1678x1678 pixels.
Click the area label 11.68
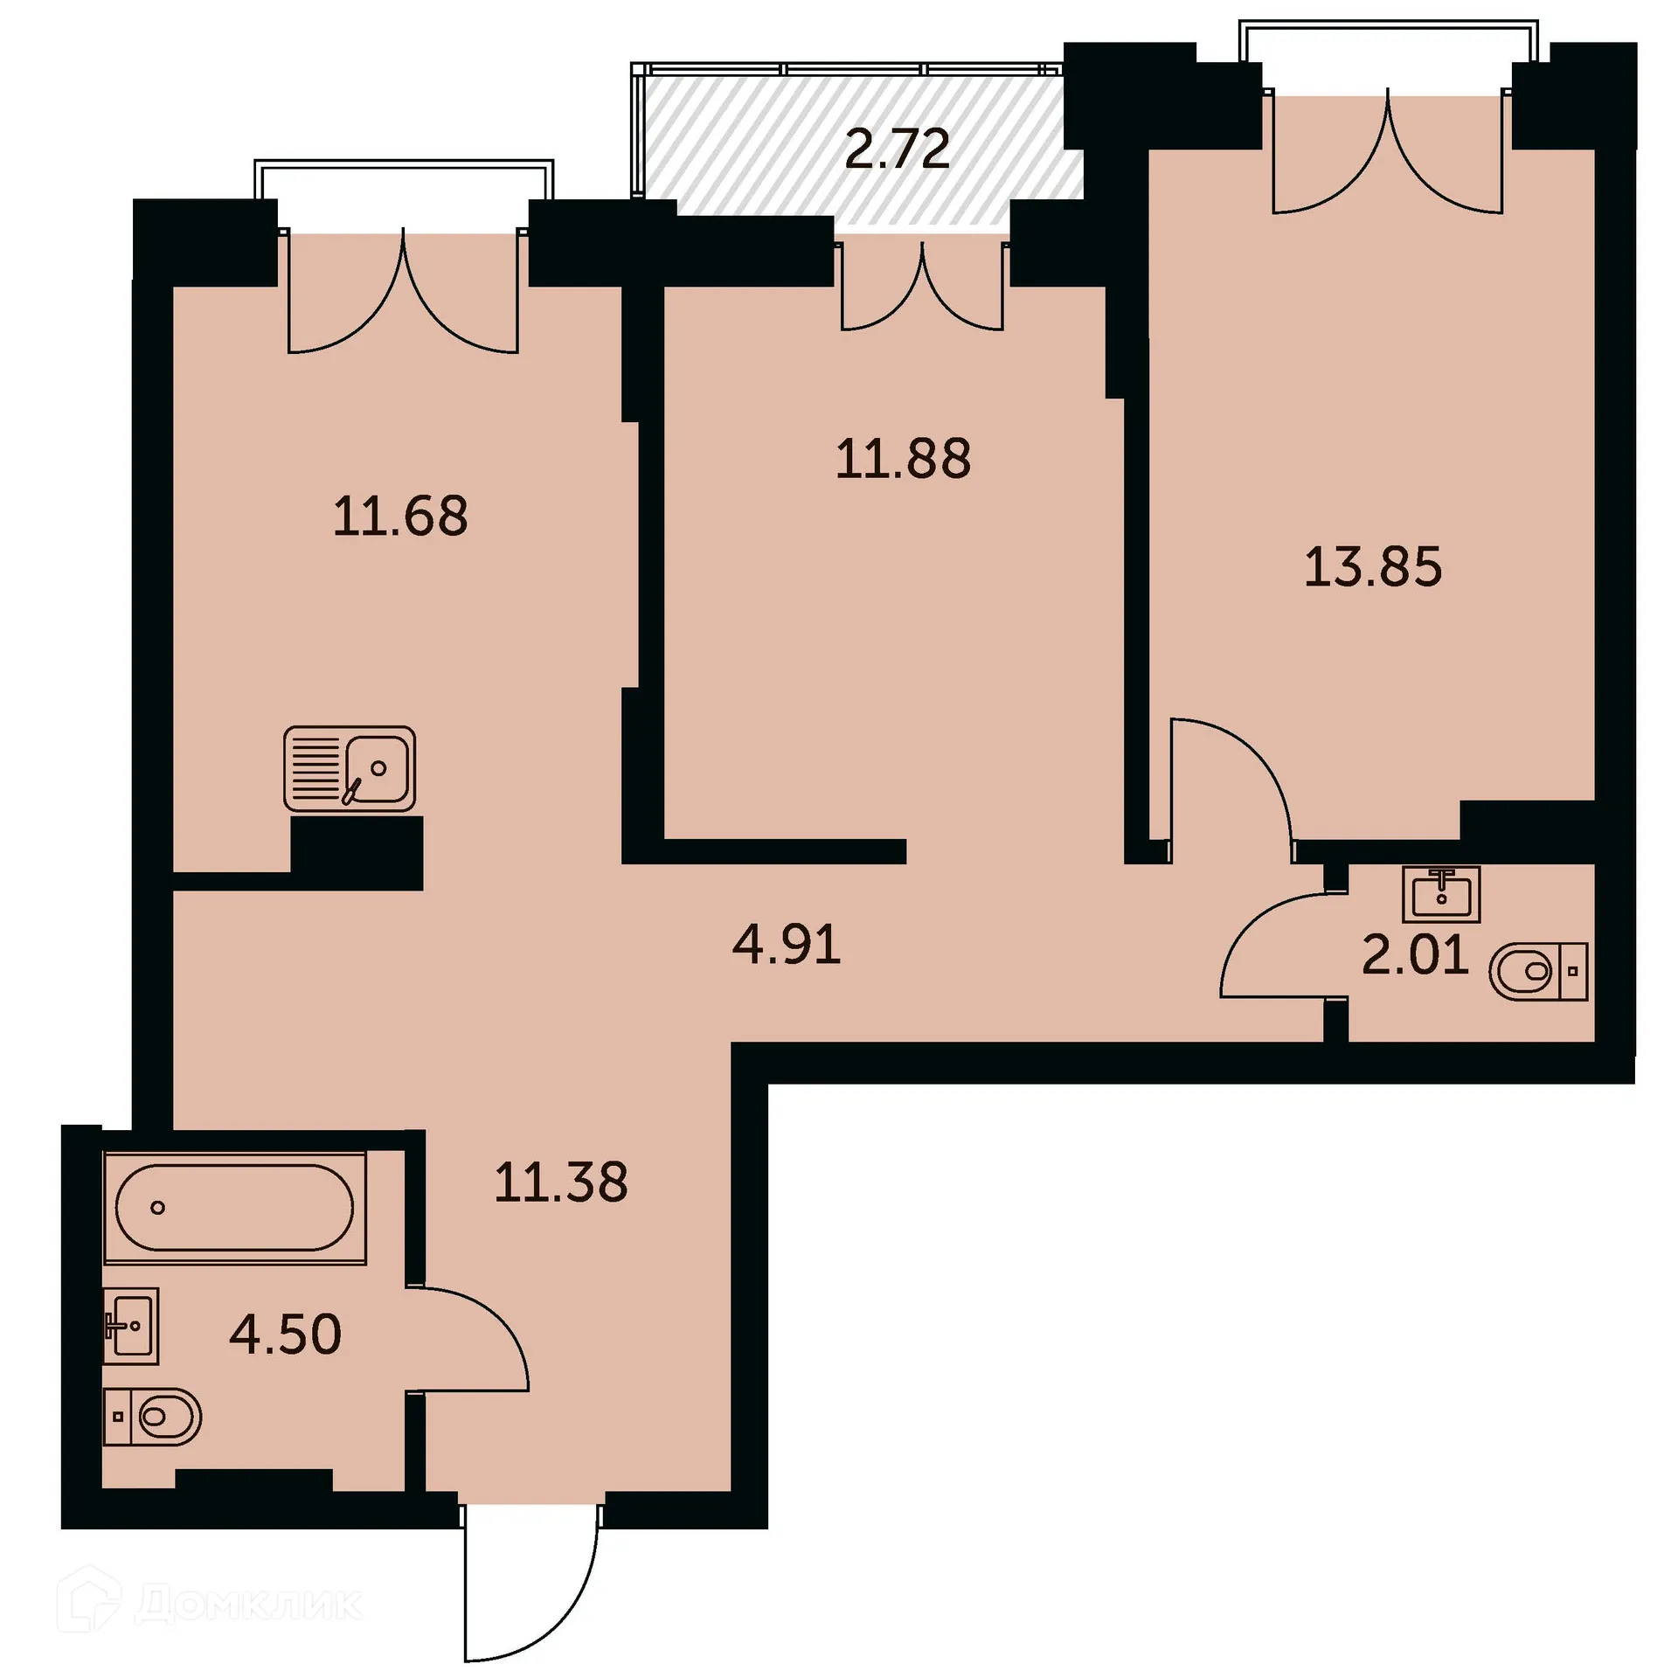click(400, 517)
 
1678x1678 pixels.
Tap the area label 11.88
click(903, 460)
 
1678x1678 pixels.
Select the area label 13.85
click(1372, 567)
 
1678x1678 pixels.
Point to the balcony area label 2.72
click(898, 149)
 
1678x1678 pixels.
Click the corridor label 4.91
click(787, 946)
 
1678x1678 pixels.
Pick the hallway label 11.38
click(561, 1183)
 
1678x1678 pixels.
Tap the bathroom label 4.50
click(285, 1335)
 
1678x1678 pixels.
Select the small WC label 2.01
click(1415, 955)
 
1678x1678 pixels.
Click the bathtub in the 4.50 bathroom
click(234, 1208)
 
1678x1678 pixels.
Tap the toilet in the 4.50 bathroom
click(153, 1416)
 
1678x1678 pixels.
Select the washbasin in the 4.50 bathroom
click(131, 1326)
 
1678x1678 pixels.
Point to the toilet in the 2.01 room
click(1537, 971)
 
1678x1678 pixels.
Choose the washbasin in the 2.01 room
click(1441, 894)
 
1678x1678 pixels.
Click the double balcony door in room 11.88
click(922, 288)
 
